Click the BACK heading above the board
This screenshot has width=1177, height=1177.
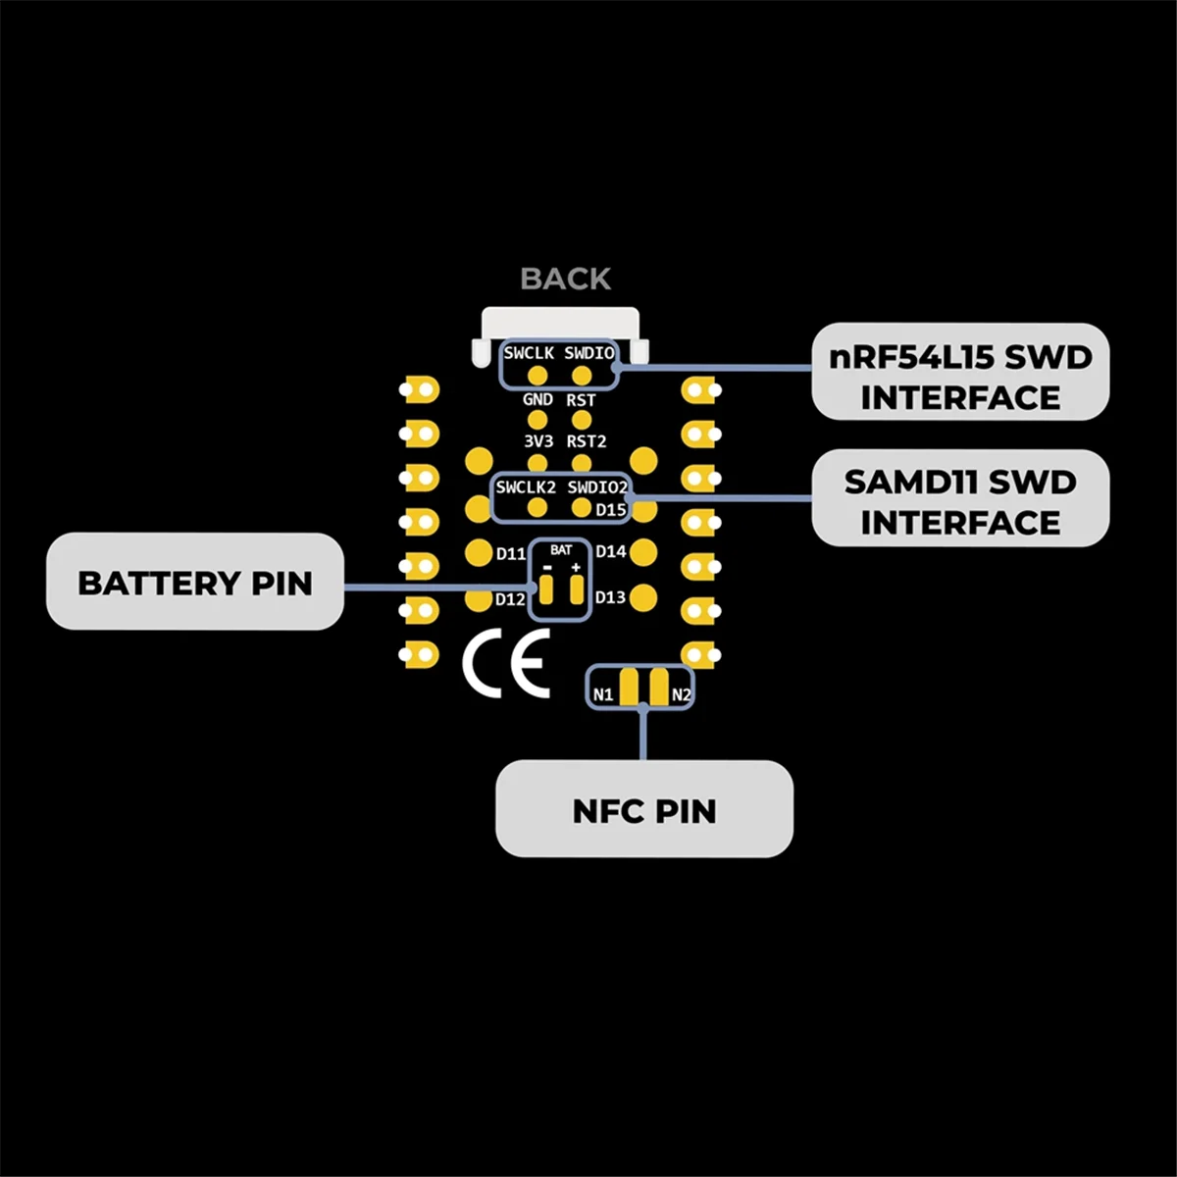point(565,280)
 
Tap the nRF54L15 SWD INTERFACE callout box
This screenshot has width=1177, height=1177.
point(960,372)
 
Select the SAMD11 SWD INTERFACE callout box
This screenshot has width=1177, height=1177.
point(960,498)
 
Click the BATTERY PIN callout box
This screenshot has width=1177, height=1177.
point(195,582)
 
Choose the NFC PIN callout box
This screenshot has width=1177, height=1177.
point(643,810)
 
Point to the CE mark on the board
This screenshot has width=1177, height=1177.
point(507,664)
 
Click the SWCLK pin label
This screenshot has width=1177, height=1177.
point(529,353)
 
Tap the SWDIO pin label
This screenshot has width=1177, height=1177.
point(588,353)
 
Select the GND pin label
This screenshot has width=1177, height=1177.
point(537,400)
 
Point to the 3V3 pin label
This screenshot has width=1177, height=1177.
point(537,441)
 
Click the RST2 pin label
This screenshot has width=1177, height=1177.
point(587,441)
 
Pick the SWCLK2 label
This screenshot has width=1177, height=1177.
point(526,487)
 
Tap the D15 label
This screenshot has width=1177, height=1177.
point(610,510)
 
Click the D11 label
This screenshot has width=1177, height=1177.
point(511,554)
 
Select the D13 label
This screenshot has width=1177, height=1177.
point(610,597)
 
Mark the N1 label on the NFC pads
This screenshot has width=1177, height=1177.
point(602,695)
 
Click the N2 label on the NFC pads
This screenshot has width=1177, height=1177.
point(681,695)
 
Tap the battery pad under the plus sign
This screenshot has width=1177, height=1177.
point(576,590)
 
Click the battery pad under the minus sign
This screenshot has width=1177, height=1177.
point(547,590)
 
